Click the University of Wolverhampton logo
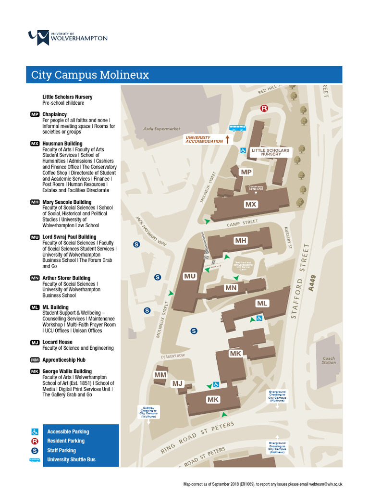(68, 37)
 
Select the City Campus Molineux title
(90, 75)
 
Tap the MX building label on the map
(251, 204)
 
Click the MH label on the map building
(241, 240)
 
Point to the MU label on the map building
(190, 276)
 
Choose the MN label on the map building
(231, 288)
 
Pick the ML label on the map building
(262, 303)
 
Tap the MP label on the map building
(246, 172)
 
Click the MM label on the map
(160, 375)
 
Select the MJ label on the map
(178, 383)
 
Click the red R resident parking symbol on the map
(264, 109)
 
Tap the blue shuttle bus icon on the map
(236, 128)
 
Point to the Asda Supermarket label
(162, 129)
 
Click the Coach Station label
(329, 360)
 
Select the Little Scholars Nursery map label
(271, 152)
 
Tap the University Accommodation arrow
(227, 139)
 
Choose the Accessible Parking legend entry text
(68, 431)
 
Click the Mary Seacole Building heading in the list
(67, 202)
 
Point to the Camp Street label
(242, 223)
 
